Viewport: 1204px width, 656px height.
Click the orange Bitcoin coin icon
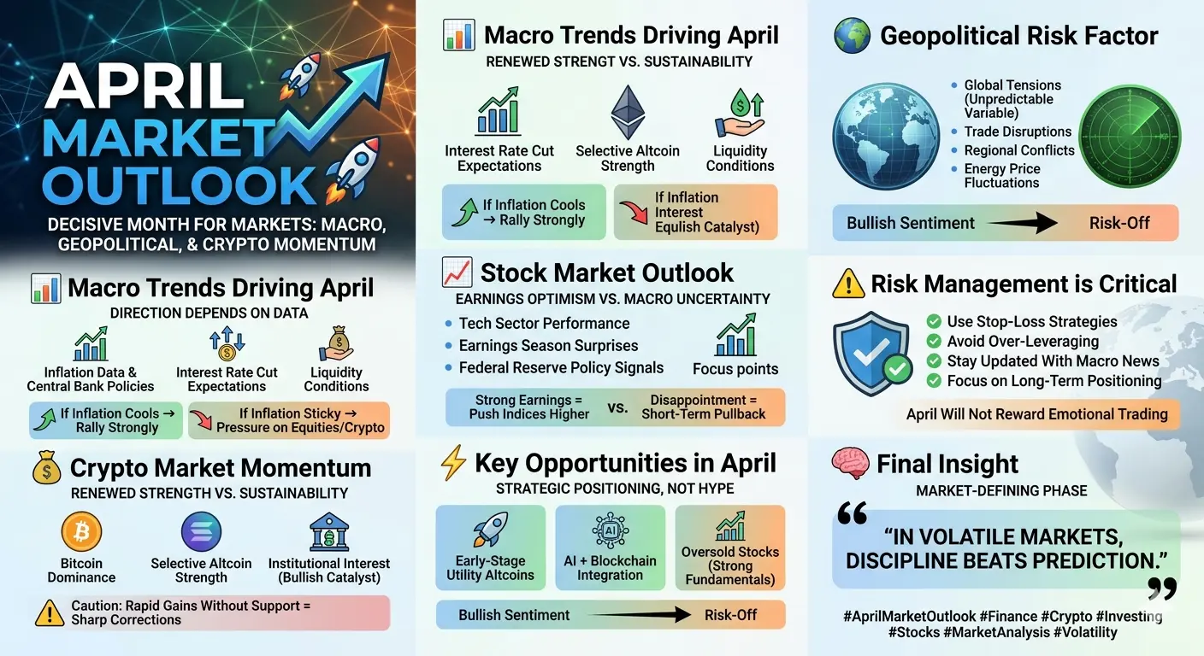click(x=81, y=531)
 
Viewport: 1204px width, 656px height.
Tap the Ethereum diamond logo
click(x=628, y=112)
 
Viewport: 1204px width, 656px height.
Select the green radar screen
click(x=1130, y=137)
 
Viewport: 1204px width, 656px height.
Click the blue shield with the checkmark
click(x=871, y=354)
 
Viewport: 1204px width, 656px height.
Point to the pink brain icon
click(x=850, y=463)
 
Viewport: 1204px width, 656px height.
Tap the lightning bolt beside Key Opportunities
click(x=453, y=462)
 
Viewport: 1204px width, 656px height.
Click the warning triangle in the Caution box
click(x=50, y=613)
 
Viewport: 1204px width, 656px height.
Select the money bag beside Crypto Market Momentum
click(x=47, y=467)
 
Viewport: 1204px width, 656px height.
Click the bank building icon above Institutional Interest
click(x=329, y=532)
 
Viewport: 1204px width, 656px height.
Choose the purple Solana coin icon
click(x=201, y=532)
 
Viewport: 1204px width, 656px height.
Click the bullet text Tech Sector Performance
click(x=544, y=323)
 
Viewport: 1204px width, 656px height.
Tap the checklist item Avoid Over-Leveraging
click(x=1023, y=342)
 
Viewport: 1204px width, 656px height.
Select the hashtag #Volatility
click(x=1085, y=632)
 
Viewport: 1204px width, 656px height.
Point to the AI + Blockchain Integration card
click(x=610, y=548)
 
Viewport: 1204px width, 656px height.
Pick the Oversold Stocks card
click(x=730, y=548)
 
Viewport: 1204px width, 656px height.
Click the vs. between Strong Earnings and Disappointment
click(x=617, y=407)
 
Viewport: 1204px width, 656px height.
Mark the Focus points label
click(x=735, y=369)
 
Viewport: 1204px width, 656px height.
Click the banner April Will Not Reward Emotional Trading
click(x=1037, y=414)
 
